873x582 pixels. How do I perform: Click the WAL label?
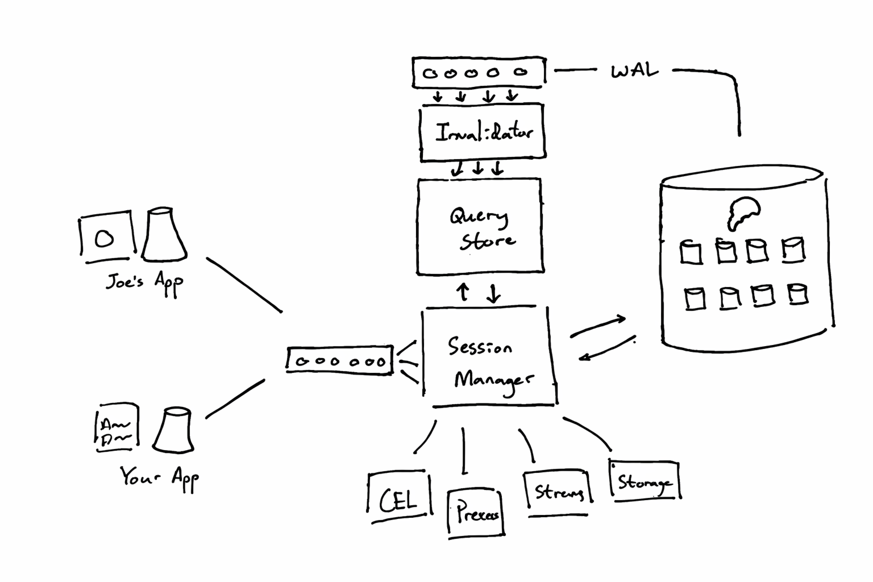[634, 70]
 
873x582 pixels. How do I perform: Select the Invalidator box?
[483, 132]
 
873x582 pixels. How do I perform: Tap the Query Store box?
[480, 227]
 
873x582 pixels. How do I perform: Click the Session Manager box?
[489, 358]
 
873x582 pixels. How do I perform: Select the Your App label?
[159, 478]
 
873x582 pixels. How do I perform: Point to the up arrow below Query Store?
[463, 292]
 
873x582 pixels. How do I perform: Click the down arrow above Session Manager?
[493, 294]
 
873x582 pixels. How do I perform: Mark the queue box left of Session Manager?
[340, 361]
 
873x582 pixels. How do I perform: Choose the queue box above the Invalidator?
[479, 72]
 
